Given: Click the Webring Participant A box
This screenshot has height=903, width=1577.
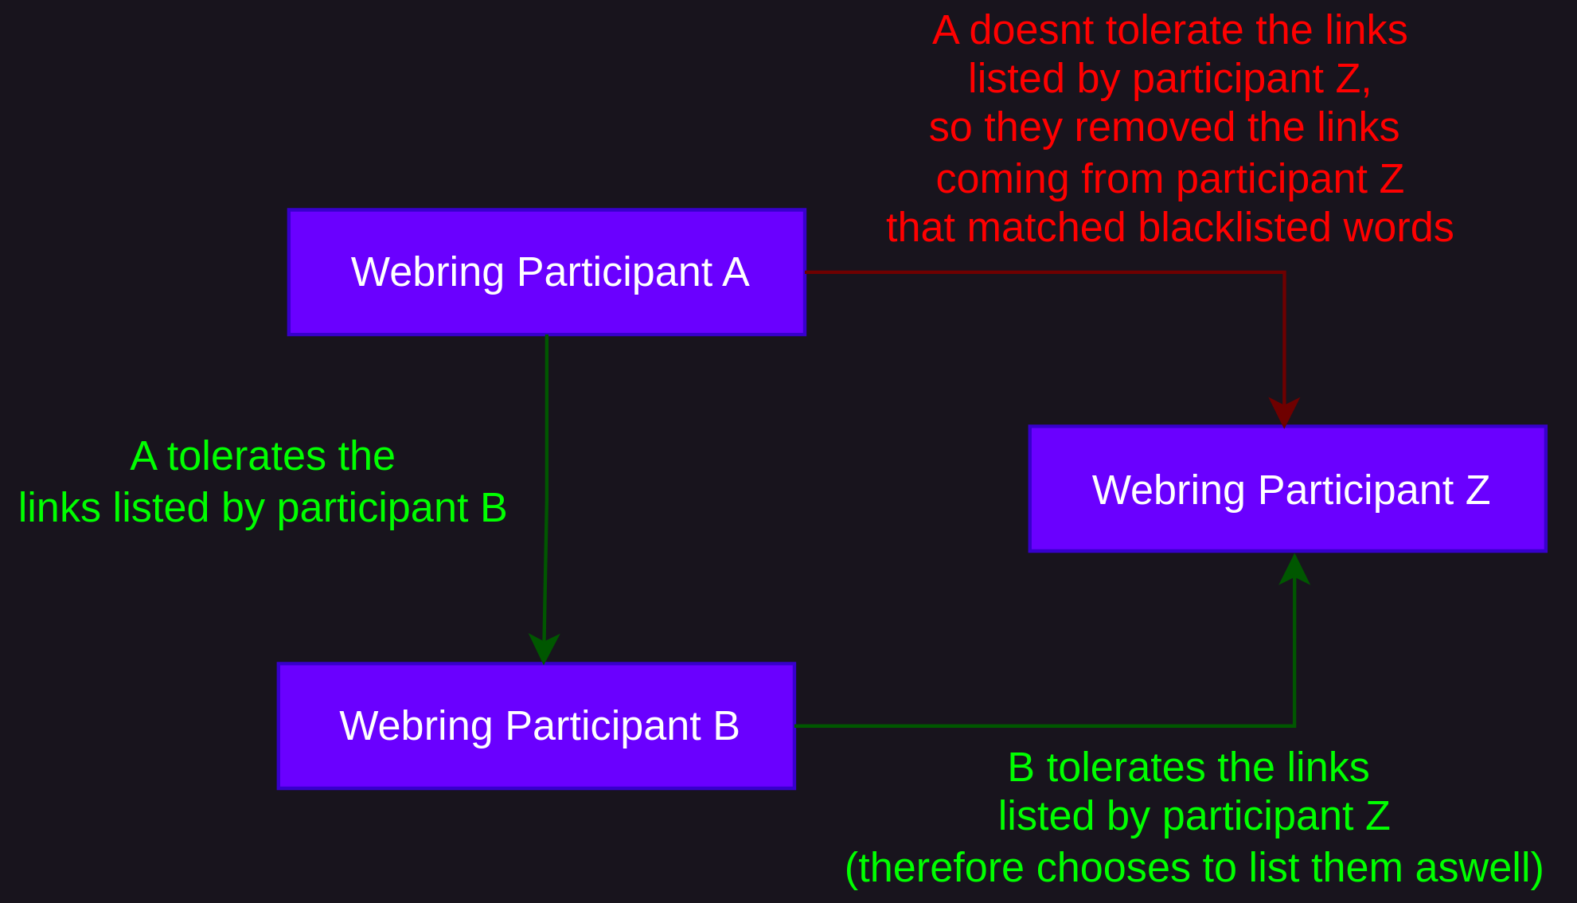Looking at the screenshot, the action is click(x=547, y=272).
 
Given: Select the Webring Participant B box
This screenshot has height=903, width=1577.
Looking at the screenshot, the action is click(x=537, y=726).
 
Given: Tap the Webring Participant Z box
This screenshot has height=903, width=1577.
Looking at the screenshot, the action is click(x=1288, y=489).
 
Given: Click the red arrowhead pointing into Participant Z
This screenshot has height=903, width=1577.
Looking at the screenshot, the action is click(x=1284, y=412).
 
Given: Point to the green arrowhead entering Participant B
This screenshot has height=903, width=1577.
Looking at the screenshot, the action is click(x=545, y=648).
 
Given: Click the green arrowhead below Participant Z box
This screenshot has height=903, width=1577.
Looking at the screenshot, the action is click(x=1294, y=569).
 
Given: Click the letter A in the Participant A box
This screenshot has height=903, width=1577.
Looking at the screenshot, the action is click(x=736, y=272).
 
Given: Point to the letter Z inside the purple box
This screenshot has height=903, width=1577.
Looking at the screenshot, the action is click(x=1478, y=490).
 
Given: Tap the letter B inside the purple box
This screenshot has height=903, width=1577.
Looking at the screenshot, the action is click(x=727, y=726).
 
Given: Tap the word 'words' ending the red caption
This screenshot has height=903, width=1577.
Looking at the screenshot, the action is click(x=1399, y=228).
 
